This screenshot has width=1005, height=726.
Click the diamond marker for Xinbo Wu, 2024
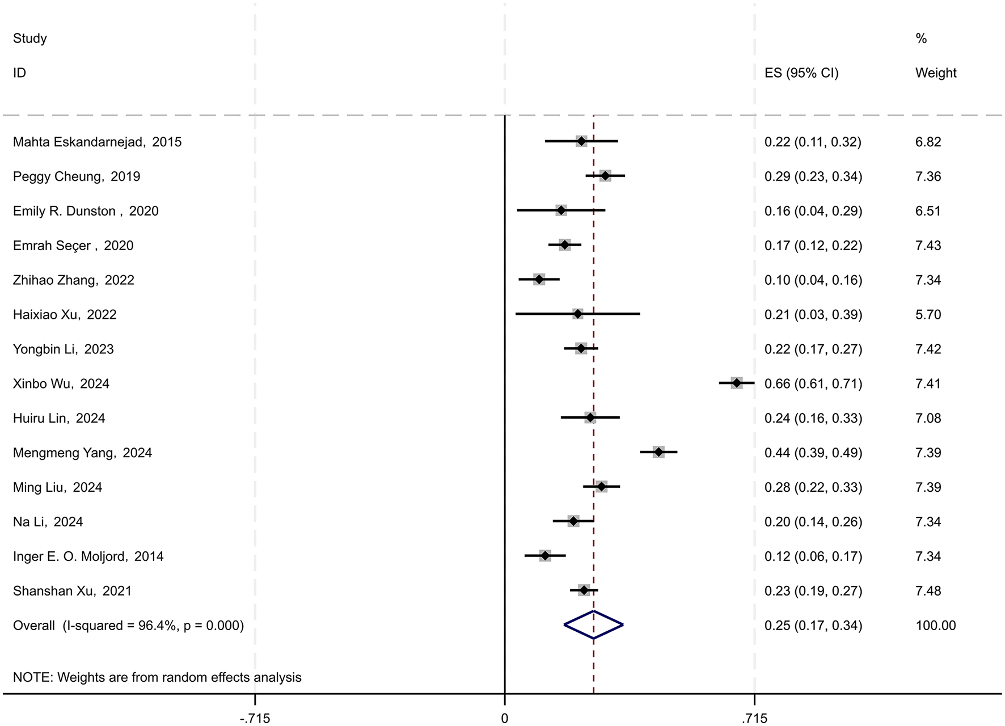click(736, 383)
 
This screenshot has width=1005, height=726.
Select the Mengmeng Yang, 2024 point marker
click(658, 453)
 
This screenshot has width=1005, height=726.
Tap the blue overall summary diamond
click(593, 625)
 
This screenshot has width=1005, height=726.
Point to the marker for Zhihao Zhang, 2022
click(539, 280)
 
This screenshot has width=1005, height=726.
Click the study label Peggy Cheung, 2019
click(77, 176)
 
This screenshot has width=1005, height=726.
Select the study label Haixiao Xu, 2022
click(65, 315)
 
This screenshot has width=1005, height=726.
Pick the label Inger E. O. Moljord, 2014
click(88, 556)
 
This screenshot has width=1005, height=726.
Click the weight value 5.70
click(928, 315)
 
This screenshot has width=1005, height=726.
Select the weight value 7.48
click(928, 591)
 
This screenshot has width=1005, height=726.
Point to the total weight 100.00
click(935, 626)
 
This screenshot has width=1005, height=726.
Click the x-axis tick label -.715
click(255, 719)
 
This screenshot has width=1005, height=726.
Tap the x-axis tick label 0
click(504, 719)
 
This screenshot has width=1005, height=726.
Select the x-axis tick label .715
click(754, 719)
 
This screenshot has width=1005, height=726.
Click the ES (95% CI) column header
click(801, 73)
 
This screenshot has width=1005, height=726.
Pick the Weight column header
click(936, 73)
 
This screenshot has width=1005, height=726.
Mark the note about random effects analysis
click(157, 677)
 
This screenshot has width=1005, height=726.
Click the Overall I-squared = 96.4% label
click(128, 626)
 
